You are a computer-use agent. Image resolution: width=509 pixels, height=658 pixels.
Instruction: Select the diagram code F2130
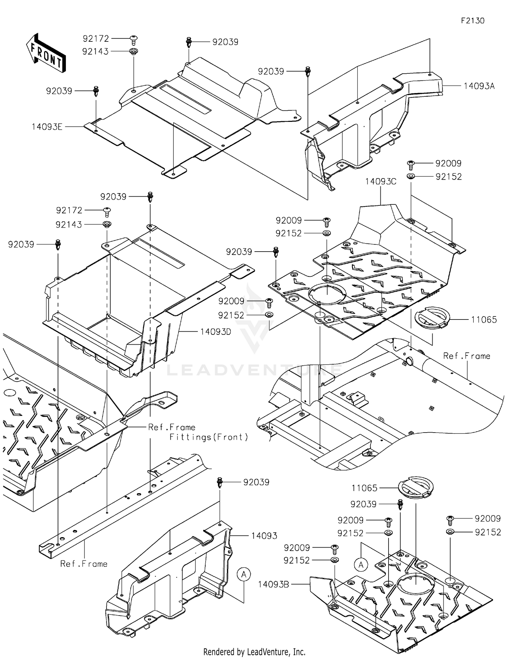[472, 21]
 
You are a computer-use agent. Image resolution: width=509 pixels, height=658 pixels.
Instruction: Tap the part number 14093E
[47, 127]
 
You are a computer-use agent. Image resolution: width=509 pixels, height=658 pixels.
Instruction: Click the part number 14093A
[479, 86]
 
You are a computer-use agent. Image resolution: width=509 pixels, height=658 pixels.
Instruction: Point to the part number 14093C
[380, 182]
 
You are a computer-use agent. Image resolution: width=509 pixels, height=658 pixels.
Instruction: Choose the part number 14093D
[215, 331]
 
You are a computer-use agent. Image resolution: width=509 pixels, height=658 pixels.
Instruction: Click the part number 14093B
[273, 584]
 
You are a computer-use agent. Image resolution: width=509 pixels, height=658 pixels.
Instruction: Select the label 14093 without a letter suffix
[264, 535]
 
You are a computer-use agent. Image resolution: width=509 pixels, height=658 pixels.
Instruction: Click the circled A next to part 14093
[244, 574]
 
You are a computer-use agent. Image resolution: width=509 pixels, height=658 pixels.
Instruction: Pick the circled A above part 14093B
[361, 565]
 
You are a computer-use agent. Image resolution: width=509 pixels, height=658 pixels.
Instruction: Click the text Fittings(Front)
[209, 437]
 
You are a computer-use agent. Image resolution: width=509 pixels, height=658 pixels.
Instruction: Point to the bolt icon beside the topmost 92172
[134, 39]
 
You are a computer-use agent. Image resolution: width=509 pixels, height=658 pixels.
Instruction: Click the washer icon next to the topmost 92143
[134, 52]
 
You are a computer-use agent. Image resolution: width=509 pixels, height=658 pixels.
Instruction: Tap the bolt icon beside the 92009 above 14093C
[411, 164]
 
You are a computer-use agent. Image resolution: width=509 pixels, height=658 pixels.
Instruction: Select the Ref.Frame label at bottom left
[84, 564]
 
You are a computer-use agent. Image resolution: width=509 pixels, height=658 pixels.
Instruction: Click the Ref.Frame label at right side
[467, 356]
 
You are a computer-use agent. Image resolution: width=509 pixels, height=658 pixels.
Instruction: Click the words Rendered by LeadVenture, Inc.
[254, 652]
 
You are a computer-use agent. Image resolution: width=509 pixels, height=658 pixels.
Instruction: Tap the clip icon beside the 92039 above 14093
[220, 482]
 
